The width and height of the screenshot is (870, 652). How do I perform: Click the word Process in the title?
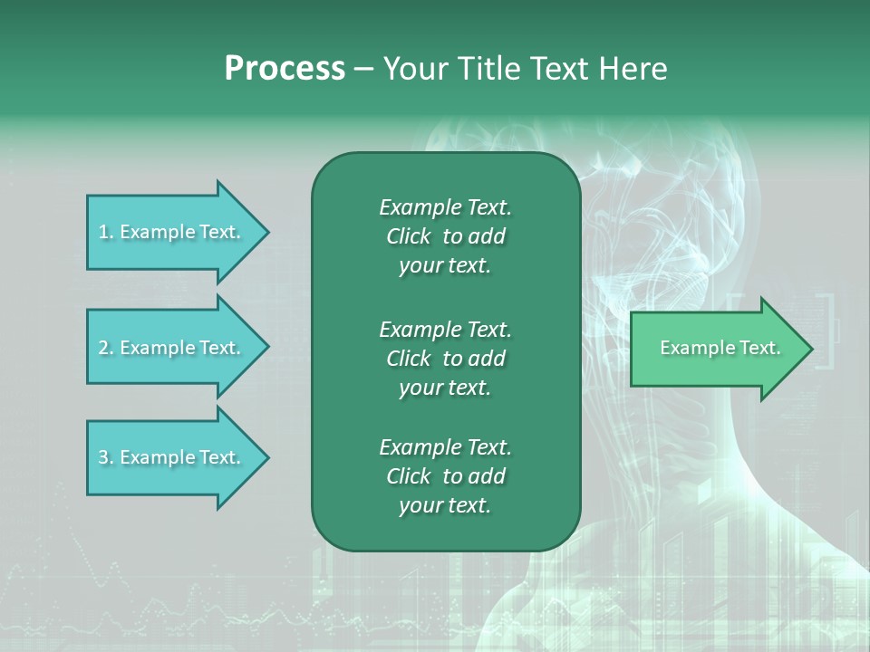point(285,69)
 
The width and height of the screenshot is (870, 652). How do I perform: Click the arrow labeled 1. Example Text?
point(172,232)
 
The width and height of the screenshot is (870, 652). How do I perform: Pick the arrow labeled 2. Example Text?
point(172,348)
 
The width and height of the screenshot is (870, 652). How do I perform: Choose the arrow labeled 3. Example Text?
point(172,457)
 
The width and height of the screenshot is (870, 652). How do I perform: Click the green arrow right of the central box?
point(716,349)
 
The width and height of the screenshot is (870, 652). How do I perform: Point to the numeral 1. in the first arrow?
point(105,232)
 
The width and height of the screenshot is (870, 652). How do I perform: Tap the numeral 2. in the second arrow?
point(105,348)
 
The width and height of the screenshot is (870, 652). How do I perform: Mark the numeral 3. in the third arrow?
point(105,457)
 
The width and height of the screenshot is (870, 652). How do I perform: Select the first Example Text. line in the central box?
point(445,207)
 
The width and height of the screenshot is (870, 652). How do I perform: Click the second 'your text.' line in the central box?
point(445,388)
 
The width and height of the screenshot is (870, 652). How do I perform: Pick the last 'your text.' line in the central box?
point(445,505)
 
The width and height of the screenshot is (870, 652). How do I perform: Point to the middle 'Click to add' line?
point(445,359)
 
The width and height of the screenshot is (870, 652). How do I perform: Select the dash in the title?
point(363,69)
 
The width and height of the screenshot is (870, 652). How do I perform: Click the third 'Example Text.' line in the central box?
point(445,447)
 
